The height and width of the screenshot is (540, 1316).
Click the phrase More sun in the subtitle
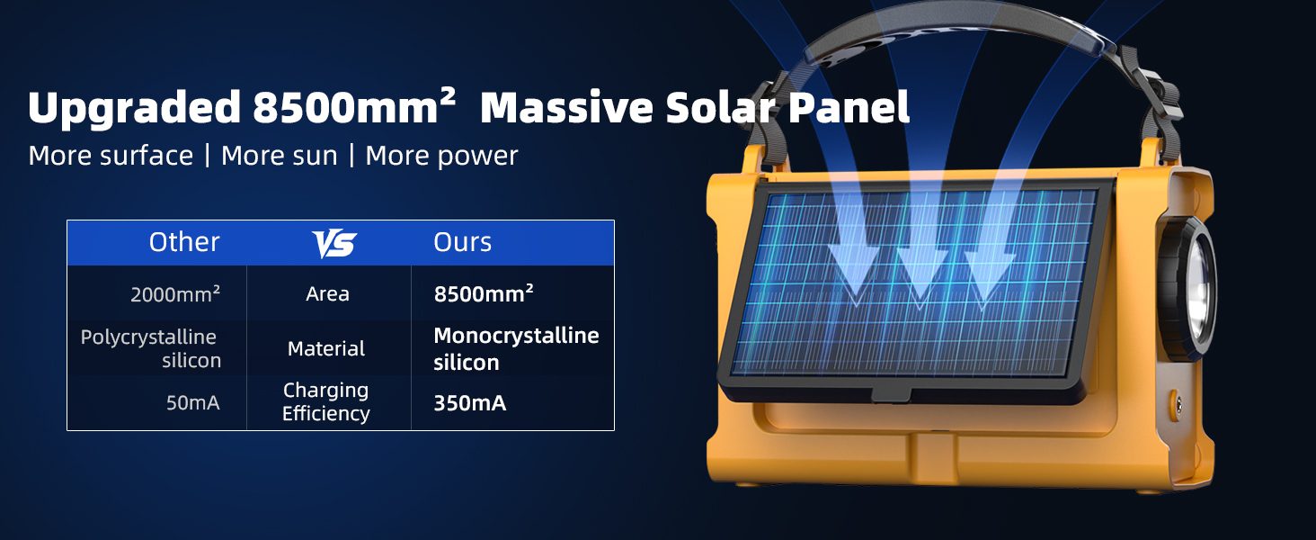click(279, 156)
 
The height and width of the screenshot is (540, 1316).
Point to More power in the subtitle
click(441, 156)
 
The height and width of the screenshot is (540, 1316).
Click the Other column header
click(184, 242)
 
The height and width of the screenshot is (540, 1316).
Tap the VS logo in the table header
click(333, 243)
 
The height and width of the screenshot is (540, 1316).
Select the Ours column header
click(462, 242)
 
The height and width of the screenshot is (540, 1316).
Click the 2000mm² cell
click(175, 294)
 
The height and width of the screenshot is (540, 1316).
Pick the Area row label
click(327, 294)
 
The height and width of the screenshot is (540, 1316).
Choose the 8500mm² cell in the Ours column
click(484, 293)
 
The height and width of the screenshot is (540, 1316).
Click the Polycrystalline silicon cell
click(151, 348)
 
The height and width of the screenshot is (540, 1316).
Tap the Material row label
click(326, 349)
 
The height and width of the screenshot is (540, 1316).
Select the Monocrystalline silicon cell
click(515, 348)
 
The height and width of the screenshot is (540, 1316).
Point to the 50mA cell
click(192, 403)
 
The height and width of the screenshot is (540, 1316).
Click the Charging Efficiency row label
click(326, 401)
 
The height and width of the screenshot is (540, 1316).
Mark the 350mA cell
click(469, 403)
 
